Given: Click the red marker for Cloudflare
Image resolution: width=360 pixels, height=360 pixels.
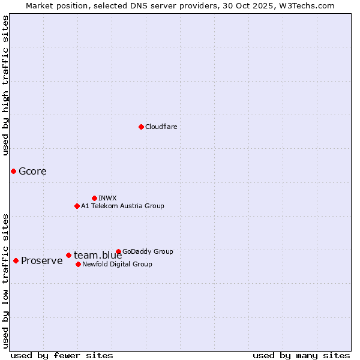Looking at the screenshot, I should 141,127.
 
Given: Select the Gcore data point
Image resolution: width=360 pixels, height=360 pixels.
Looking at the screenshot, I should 13,171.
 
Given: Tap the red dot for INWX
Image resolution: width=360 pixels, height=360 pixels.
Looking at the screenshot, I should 94,198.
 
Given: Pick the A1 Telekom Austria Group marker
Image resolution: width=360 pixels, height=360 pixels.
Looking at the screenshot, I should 77,206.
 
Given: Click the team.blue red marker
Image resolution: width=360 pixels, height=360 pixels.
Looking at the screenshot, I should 68,255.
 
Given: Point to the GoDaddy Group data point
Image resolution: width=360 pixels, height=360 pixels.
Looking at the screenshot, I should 118,251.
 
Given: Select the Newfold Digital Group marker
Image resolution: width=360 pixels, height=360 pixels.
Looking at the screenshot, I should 78,264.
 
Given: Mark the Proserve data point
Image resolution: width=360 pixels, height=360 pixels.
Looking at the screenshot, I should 16,260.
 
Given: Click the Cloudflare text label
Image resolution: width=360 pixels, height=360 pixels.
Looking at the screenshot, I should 161,127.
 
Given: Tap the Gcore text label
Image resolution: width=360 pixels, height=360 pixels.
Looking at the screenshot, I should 32,171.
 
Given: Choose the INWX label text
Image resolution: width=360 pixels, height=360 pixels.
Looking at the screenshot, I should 107,198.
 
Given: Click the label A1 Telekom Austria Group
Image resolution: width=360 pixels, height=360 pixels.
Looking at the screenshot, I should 122,206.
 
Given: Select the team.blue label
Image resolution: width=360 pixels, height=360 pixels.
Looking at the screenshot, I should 98,255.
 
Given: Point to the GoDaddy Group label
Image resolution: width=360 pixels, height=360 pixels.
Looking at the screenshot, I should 148,251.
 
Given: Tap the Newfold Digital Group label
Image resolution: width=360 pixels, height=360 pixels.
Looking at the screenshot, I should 117,264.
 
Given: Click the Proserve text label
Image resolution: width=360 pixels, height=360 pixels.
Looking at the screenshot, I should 42,260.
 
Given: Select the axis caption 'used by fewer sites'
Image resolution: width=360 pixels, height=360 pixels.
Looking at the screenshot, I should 62,355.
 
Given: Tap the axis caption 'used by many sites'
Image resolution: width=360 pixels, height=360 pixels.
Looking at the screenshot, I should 301,355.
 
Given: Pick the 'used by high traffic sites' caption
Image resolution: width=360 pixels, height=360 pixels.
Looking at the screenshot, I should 5,85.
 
